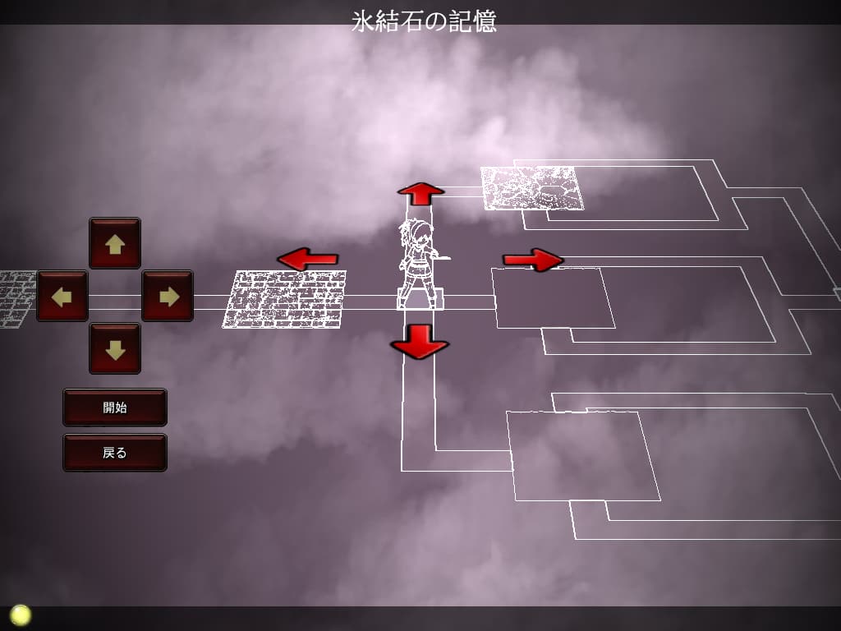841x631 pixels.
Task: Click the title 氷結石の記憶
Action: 424,21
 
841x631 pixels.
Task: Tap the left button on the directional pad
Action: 62,296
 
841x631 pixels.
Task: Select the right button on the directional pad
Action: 168,296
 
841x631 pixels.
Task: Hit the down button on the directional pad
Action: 115,348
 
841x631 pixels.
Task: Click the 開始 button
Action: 115,407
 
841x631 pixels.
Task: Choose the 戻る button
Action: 115,452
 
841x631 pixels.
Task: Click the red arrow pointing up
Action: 420,193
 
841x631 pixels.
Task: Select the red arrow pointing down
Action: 419,340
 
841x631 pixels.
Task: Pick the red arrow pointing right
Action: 533,260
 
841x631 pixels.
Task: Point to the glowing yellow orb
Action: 20,615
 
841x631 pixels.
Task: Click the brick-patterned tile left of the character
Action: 284,299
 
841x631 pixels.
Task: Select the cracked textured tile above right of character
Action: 532,187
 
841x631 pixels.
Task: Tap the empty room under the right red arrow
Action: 554,297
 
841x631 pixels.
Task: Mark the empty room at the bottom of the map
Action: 583,455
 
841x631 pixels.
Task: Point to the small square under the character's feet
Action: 420,300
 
